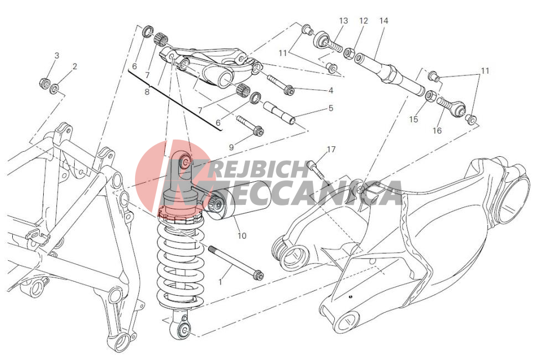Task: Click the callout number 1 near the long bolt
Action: pos(220,282)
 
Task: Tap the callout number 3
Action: pos(57,55)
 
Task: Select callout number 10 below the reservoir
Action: pos(242,236)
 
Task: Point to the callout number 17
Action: pos(331,150)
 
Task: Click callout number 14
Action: pos(384,20)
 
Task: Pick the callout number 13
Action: pos(343,20)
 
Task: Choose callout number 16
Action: pos(437,130)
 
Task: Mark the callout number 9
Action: pos(231,147)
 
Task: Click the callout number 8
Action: pos(147,92)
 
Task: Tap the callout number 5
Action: pos(331,108)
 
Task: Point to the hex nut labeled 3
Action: pos(45,83)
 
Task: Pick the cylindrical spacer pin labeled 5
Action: pos(279,112)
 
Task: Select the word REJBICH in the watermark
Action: pos(258,169)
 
